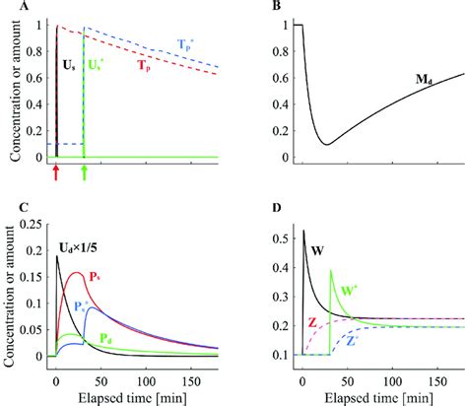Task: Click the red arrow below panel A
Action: [x=56, y=173]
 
